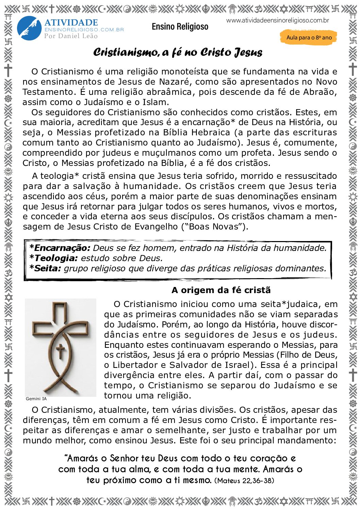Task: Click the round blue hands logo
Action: pos(29,28)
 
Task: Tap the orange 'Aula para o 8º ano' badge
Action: pos(309,37)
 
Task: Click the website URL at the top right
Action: pos(277,20)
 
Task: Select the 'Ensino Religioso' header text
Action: pos(180,27)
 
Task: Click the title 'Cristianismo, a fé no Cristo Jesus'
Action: pos(178,52)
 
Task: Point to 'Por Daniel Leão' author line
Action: pos(71,36)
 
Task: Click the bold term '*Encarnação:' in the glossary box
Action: pos(60,248)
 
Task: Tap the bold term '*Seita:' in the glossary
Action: pos(45,268)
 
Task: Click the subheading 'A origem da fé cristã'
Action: pos(221,290)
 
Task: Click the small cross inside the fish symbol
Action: pos(60,351)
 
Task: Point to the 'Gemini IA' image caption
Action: pos(36,399)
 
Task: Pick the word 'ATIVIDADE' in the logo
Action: pos(71,23)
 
